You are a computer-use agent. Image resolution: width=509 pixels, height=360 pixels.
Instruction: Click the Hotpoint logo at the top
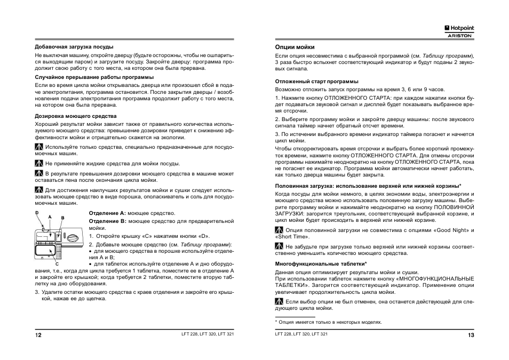pyautogui.click(x=459, y=28)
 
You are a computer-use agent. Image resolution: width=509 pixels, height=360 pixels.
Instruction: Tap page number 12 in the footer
pyautogui.click(x=38, y=335)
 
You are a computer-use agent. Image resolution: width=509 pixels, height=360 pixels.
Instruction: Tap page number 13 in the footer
pyautogui.click(x=471, y=335)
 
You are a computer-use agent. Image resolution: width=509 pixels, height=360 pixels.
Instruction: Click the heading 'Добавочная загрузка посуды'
pyautogui.click(x=74, y=47)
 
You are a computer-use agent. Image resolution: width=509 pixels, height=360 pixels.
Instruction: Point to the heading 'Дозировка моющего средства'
pyautogui.click(x=76, y=116)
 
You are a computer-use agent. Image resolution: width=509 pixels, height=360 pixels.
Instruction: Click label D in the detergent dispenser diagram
pyautogui.click(x=37, y=212)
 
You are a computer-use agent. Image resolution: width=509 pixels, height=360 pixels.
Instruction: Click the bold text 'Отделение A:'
pyautogui.click(x=107, y=213)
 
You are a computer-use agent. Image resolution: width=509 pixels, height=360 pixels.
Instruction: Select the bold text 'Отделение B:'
pyautogui.click(x=107, y=220)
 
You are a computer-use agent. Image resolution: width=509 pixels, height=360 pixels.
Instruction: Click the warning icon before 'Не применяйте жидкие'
pyautogui.click(x=39, y=164)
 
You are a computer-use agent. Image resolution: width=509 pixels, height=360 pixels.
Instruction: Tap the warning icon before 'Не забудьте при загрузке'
pyautogui.click(x=279, y=247)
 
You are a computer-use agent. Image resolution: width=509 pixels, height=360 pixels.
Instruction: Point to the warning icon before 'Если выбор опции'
pyautogui.click(x=279, y=302)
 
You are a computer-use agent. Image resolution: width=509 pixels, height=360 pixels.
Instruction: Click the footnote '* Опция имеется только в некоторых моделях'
pyautogui.click(x=329, y=322)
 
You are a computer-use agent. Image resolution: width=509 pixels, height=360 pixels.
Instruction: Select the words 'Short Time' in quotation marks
pyautogui.click(x=291, y=236)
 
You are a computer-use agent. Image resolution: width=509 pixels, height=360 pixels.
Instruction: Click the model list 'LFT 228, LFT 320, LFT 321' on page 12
pyautogui.click(x=208, y=334)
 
